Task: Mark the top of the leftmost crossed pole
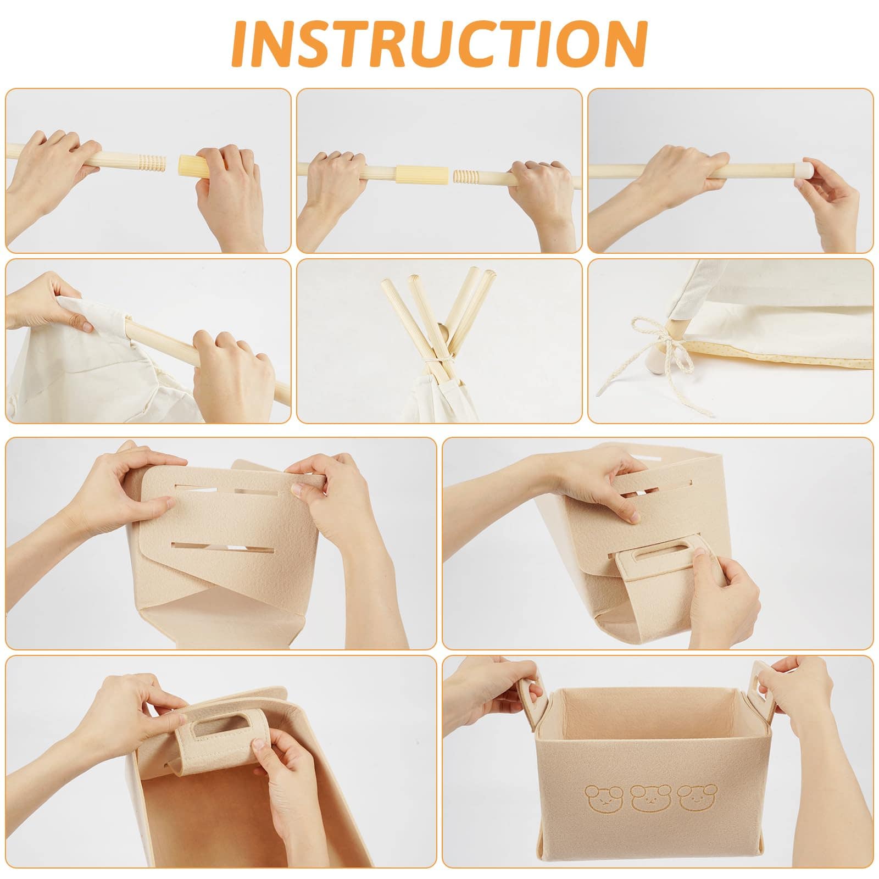[385, 284]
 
